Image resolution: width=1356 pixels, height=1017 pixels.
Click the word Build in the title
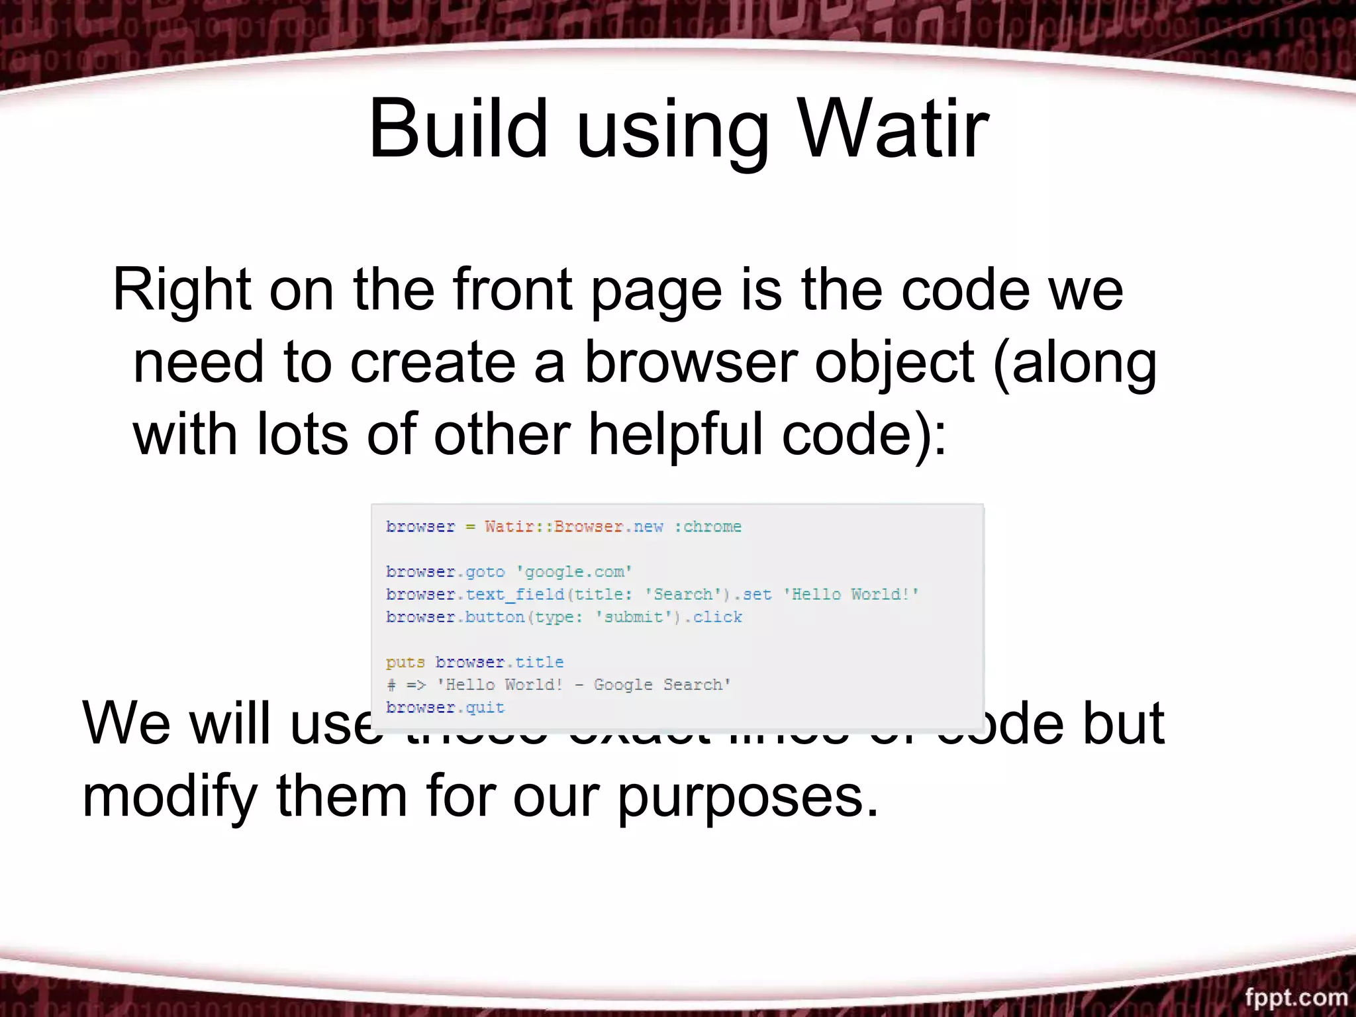point(458,129)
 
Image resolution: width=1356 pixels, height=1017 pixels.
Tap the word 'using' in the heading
point(673,132)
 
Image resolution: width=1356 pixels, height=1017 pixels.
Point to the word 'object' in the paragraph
point(894,364)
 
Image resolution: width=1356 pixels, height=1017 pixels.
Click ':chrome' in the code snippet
point(708,527)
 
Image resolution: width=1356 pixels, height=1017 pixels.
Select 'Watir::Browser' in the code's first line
point(554,527)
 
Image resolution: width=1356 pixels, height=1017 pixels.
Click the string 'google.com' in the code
point(574,572)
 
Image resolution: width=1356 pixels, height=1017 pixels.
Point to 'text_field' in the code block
point(514,595)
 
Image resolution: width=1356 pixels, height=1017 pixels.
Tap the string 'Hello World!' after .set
point(851,595)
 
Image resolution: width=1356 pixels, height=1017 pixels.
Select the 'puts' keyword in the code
point(405,662)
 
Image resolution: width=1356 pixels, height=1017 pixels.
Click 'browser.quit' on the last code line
point(445,707)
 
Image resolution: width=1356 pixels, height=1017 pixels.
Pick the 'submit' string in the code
point(633,617)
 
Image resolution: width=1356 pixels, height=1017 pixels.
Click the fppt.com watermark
point(1296,996)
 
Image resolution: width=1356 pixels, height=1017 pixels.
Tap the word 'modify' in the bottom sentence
point(169,798)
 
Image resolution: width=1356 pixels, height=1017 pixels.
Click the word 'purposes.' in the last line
point(748,798)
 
